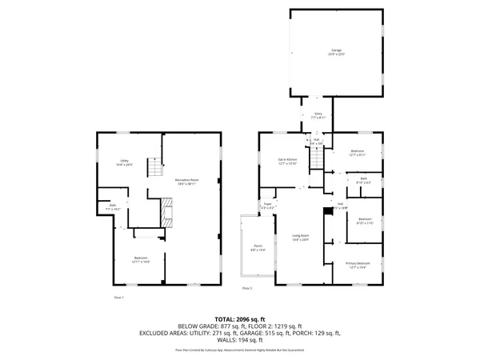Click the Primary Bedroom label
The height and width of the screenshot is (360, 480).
[x=358, y=265]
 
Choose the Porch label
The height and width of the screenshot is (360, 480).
[x=258, y=248]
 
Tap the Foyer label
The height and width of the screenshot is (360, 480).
[x=268, y=206]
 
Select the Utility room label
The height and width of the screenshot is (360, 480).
[x=124, y=162]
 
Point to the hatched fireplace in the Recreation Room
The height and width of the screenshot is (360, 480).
[x=167, y=212]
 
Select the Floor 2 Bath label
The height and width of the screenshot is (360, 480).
[x=363, y=180]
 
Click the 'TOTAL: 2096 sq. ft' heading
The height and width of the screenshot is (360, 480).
[x=240, y=318]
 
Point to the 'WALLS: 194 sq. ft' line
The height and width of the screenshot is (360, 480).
[x=240, y=342]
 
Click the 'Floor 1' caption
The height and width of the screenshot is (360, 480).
[x=118, y=297]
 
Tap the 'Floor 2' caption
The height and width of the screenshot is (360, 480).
[x=247, y=287]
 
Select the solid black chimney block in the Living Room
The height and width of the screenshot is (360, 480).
[x=325, y=211]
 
